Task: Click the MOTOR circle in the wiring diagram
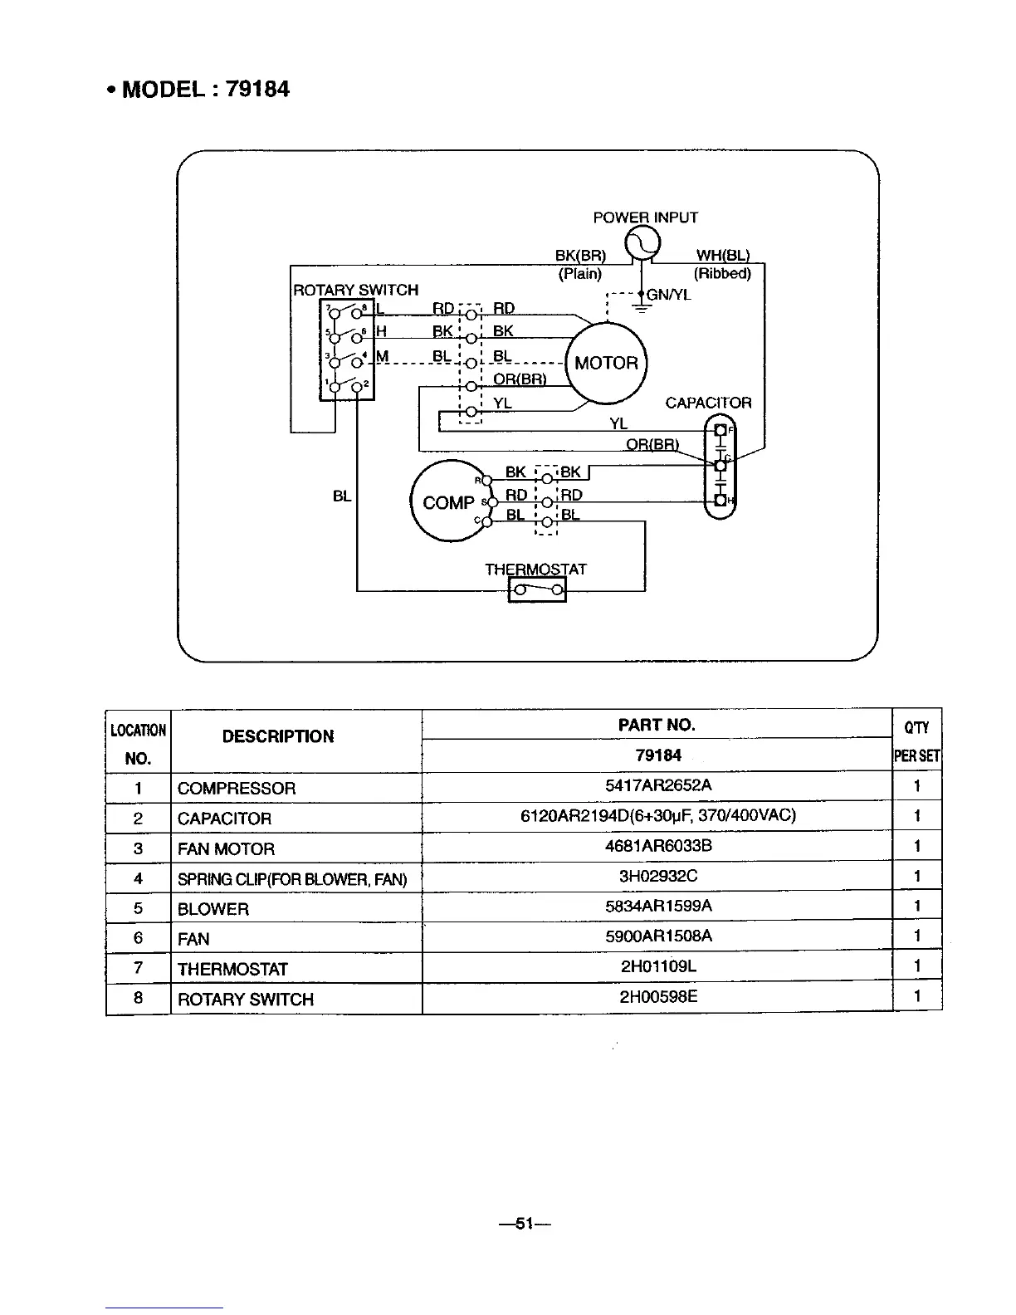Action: pos(606,363)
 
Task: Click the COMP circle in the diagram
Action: pos(449,502)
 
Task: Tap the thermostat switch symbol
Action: pos(537,590)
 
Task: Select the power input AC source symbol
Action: pos(642,243)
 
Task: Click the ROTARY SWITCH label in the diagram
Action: pos(355,290)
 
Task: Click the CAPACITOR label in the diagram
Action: pos(708,403)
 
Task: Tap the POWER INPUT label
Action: pos(645,218)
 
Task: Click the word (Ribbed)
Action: pos(722,273)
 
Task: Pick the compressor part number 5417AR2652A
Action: pos(658,785)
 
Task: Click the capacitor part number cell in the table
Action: pos(657,815)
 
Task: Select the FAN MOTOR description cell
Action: pos(226,848)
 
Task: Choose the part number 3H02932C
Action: pos(658,876)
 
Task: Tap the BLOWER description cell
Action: pos(213,909)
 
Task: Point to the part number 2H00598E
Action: pos(658,996)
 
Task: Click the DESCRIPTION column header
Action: pos(278,736)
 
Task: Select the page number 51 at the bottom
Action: pos(523,1223)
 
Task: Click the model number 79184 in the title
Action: pos(257,90)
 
